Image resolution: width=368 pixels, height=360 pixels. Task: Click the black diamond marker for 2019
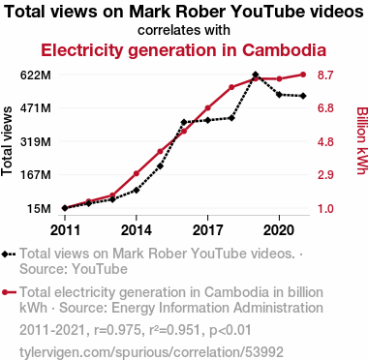coord(256,75)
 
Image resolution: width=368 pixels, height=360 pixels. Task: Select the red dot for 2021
coord(303,75)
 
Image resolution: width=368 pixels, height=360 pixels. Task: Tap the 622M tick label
coord(36,75)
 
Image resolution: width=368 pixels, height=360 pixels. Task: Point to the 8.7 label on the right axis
coord(325,75)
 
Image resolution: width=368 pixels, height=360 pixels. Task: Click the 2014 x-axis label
coord(137,230)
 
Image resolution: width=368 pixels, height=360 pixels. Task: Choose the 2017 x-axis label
coord(207,230)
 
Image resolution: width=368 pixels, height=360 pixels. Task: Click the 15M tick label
coord(39,209)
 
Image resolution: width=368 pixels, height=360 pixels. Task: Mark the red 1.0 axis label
coord(325,209)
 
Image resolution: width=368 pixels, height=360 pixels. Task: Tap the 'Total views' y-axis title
coord(7,141)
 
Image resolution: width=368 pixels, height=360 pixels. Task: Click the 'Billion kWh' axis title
coord(361,140)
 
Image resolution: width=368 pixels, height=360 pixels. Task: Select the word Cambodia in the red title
coord(284,50)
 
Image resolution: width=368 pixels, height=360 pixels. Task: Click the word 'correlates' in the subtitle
coord(163,30)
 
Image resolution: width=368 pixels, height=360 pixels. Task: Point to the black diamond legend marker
coord(5,255)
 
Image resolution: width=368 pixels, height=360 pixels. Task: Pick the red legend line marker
coord(9,292)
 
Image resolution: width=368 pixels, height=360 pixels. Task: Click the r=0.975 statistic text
coord(117,330)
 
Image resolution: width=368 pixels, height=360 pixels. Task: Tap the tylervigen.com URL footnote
coord(151,352)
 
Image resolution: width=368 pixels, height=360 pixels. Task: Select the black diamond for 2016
coord(184,122)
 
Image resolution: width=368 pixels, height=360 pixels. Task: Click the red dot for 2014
coord(137,173)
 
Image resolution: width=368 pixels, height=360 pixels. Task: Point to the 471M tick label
coord(36,108)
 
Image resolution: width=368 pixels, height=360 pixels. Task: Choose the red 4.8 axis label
coord(325,142)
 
